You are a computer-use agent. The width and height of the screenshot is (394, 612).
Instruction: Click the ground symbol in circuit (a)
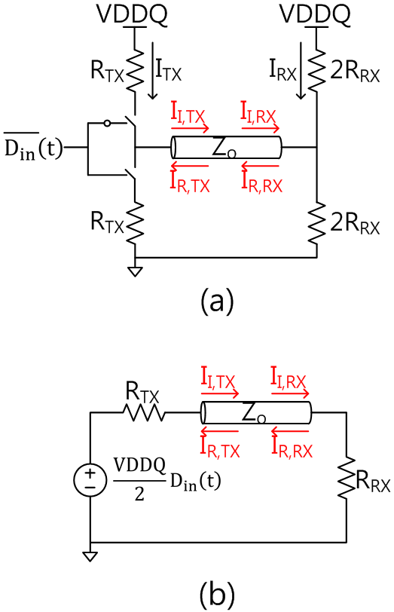[135, 271]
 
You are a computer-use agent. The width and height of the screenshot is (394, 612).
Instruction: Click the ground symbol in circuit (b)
[90, 556]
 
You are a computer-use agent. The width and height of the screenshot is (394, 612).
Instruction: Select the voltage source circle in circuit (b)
[90, 479]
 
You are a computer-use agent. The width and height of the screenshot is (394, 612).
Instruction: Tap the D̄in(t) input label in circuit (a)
[34, 147]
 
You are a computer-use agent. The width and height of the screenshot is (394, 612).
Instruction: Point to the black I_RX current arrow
[301, 70]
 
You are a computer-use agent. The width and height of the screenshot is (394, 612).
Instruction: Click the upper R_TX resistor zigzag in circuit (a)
[135, 71]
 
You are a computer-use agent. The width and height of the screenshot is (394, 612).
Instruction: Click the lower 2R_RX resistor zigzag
[316, 223]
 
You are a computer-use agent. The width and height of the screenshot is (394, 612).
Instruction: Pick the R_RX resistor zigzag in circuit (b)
[347, 476]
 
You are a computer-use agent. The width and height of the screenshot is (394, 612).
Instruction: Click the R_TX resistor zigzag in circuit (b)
[144, 412]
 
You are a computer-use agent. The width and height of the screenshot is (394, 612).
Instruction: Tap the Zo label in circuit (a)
[223, 148]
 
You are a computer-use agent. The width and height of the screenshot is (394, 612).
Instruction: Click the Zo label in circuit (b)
[254, 413]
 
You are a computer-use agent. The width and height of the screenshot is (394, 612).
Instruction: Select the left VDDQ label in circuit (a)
[133, 15]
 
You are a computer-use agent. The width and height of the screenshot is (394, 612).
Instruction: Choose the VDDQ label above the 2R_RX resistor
[315, 15]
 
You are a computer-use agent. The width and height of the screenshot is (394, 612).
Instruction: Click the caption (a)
[217, 301]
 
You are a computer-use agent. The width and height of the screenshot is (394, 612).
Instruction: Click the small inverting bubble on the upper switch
[107, 124]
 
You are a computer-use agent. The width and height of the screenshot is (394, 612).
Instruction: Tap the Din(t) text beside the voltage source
[195, 482]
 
